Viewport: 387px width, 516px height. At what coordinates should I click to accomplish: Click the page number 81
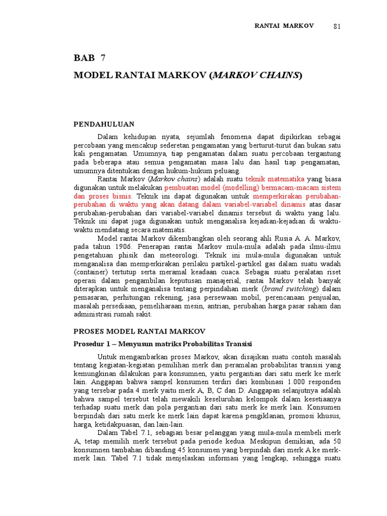pos(337,27)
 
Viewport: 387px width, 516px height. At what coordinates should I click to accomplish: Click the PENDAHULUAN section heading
pos(104,123)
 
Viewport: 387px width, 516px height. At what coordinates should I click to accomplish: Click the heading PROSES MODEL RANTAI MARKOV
pos(140,331)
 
